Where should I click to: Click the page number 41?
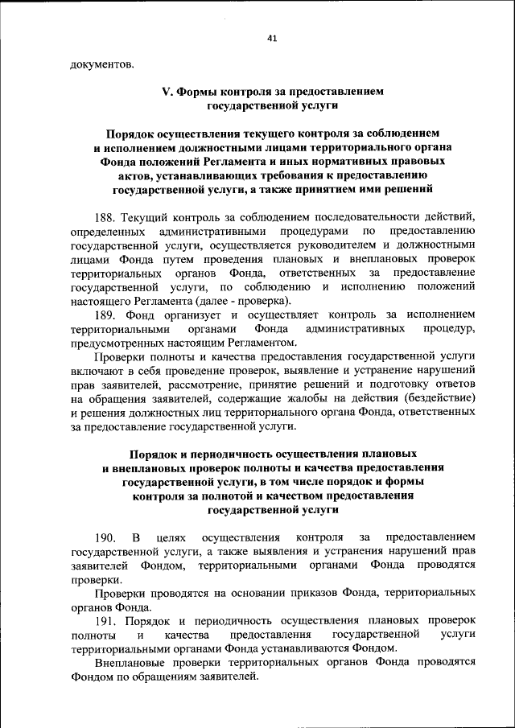(271, 37)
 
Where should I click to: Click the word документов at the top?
(102, 64)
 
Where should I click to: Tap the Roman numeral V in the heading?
(167, 92)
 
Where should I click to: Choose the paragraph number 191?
(106, 621)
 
